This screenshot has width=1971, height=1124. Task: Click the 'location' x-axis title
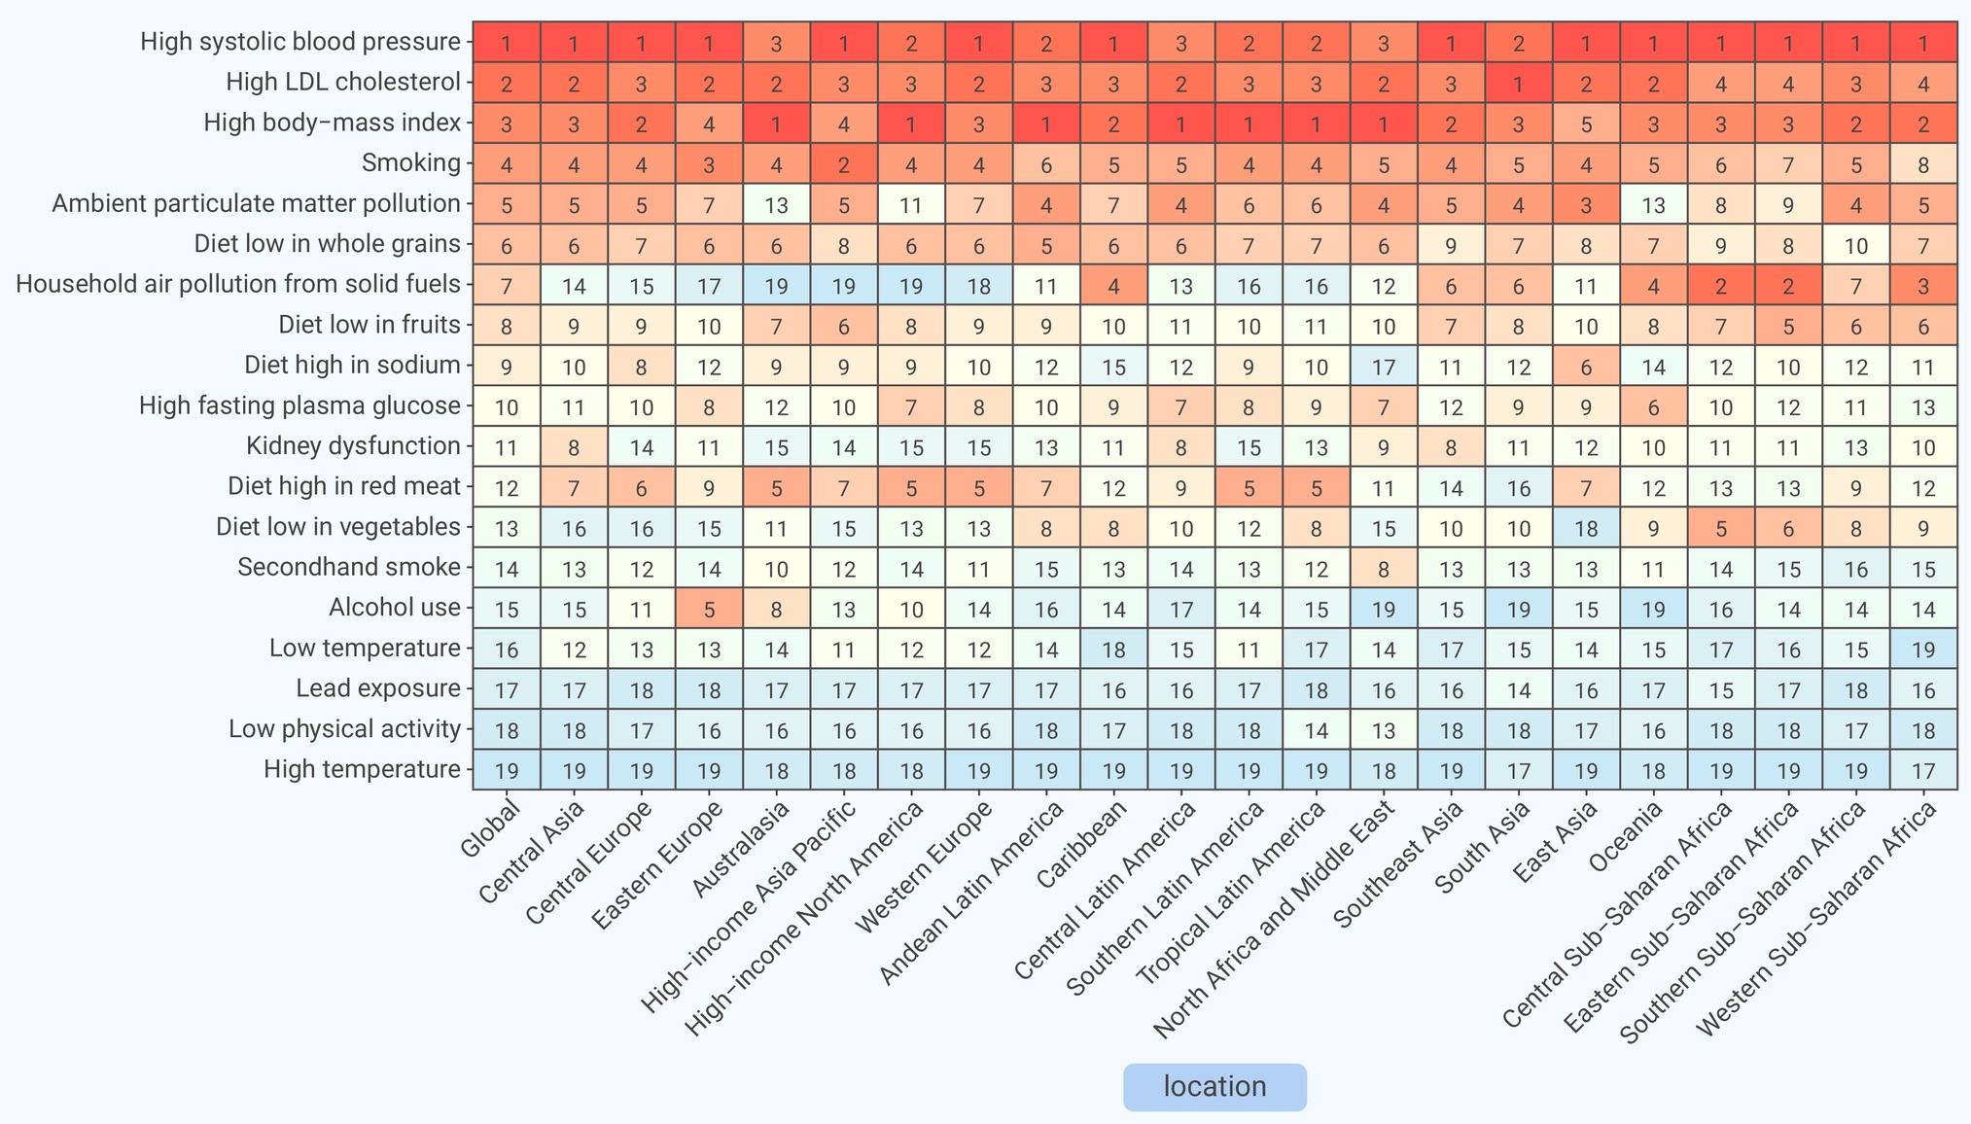[x=1214, y=1087]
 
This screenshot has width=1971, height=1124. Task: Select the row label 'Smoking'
[x=410, y=162]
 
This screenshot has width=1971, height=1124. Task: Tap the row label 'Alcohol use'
[x=394, y=608]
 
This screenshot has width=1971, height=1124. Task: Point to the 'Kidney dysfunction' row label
[x=353, y=446]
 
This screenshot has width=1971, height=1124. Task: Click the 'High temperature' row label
[x=362, y=770]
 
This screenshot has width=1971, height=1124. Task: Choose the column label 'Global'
[x=490, y=827]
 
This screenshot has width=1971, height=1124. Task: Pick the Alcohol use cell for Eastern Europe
[x=709, y=608]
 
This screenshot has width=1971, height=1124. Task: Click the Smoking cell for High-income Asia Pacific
[x=844, y=162]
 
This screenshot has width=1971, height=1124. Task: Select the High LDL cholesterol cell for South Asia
[x=1519, y=82]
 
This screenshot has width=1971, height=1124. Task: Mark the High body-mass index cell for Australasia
[x=777, y=123]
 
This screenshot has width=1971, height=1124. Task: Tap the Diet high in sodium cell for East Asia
[x=1586, y=365]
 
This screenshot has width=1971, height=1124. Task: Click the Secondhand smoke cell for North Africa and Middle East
[x=1384, y=568]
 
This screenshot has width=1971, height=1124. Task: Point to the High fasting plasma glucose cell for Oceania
[x=1654, y=405]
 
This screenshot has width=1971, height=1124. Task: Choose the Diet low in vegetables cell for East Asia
[x=1586, y=527]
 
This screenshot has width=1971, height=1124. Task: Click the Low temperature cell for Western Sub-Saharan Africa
[x=1923, y=649]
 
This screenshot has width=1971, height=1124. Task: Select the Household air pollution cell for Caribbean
[x=1114, y=284]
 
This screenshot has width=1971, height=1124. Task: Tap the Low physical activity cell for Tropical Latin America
[x=1317, y=729]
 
